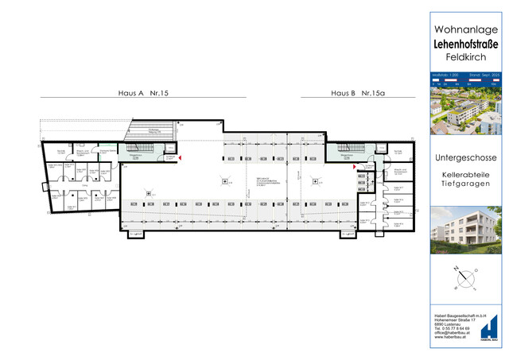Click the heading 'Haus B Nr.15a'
358,94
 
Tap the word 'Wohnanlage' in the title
465,29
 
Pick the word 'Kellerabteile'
465,174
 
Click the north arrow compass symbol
465,278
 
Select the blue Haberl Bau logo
490,328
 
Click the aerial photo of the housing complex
465,111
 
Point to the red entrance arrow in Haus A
181,159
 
